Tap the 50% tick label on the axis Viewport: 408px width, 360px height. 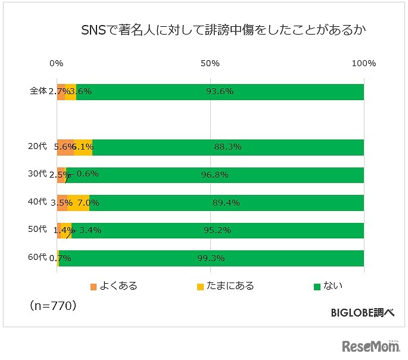pyautogui.click(x=210, y=64)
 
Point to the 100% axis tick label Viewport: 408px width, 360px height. pyautogui.click(x=364, y=64)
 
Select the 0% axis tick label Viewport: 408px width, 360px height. pyautogui.click(x=57, y=64)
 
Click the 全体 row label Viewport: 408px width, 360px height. pyautogui.click(x=38, y=92)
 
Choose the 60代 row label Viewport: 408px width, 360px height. pyautogui.click(x=37, y=257)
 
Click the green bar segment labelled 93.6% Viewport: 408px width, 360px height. pyautogui.click(x=268, y=92)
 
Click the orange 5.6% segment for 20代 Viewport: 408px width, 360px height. pyautogui.click(x=65, y=147)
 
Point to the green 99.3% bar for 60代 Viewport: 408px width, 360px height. pyautogui.click(x=268, y=258)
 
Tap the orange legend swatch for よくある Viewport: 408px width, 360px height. pyautogui.click(x=94, y=287)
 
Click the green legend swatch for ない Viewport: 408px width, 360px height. pyautogui.click(x=317, y=287)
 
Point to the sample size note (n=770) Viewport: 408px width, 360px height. pyautogui.click(x=52, y=306)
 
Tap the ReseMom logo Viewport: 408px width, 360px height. pyautogui.click(x=370, y=346)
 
